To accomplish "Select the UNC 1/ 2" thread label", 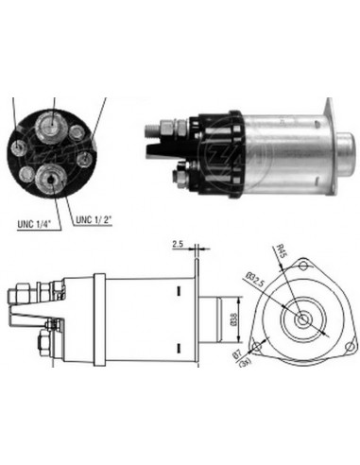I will pyautogui.click(x=93, y=221).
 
